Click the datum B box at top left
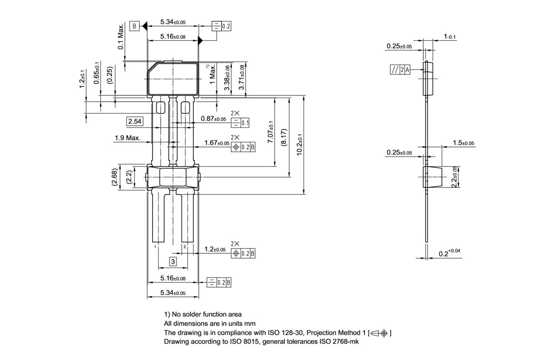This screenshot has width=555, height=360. click(134, 26)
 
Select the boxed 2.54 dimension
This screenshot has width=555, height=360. click(134, 121)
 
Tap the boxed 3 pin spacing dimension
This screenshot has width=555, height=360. click(173, 262)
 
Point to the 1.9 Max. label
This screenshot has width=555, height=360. click(127, 138)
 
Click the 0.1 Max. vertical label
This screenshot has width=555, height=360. click(121, 37)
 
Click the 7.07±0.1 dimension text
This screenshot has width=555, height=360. click(271, 133)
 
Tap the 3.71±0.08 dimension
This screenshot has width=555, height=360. click(242, 77)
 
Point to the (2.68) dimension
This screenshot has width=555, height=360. click(115, 177)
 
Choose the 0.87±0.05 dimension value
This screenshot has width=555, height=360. click(213, 119)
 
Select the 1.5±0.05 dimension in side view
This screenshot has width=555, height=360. click(463, 143)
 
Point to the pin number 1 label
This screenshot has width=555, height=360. click(155, 246)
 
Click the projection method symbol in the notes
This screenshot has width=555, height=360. click(379, 333)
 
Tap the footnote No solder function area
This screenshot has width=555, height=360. click(202, 314)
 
